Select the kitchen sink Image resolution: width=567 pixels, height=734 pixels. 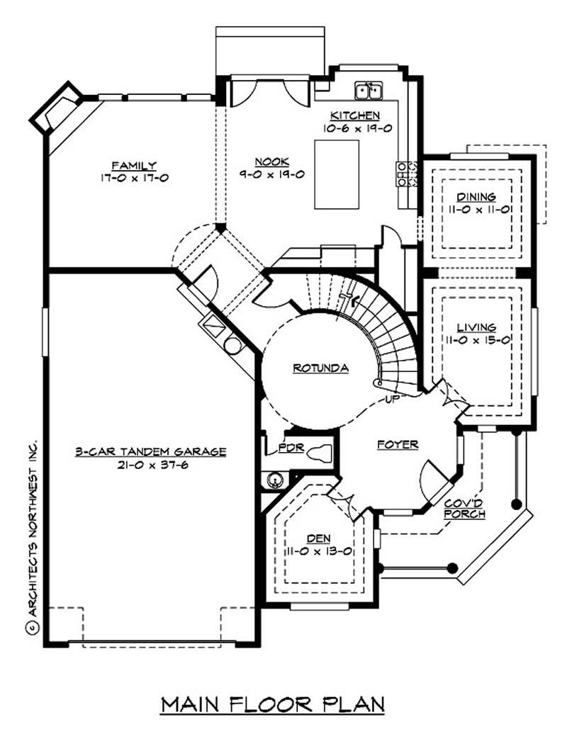tap(369, 91)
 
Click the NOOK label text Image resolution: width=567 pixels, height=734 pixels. tap(271, 160)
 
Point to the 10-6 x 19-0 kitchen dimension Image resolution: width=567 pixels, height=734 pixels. tap(357, 128)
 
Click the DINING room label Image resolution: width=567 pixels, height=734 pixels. tap(476, 197)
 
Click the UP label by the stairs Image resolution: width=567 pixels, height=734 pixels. tap(393, 400)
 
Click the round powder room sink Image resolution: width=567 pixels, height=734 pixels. tap(274, 481)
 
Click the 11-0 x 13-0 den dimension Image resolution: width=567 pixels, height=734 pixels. tap(320, 550)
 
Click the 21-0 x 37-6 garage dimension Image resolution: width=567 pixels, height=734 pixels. tap(151, 464)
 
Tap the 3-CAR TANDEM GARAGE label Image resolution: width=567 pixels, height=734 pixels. tap(151, 451)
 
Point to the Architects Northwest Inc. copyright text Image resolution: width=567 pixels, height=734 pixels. tap(31, 531)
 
